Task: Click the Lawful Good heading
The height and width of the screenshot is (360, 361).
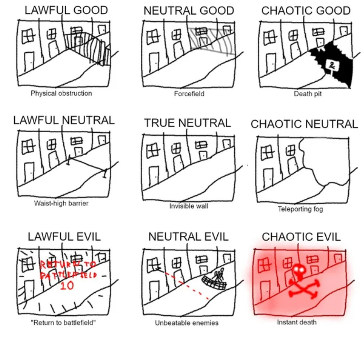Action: pos(66,10)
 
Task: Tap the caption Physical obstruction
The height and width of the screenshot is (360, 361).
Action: pos(61,93)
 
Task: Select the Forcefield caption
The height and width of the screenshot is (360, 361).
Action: pos(189,94)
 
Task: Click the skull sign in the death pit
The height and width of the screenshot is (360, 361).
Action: pos(332,66)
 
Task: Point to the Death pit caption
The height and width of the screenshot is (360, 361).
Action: pos(308,94)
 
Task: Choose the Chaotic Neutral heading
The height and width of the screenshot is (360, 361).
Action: pos(304,124)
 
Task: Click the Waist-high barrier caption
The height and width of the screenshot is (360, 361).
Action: pos(61,203)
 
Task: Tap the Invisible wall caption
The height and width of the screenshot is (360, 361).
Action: pos(188,206)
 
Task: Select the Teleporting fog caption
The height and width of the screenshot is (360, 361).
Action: pos(300,209)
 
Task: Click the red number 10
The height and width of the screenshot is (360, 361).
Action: pos(67,285)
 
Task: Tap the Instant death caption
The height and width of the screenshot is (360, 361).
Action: pos(297,322)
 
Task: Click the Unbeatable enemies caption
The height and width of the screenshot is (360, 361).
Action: pos(187,323)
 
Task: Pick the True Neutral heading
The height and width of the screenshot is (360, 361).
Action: pos(188,123)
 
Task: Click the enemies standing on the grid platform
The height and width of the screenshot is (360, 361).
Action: pos(219,274)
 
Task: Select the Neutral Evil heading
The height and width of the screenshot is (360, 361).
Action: pos(188,237)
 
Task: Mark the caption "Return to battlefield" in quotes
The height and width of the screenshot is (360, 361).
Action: pos(63,323)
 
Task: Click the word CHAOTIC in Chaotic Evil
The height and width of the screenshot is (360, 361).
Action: pos(282,237)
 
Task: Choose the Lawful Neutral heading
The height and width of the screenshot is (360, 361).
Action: pos(64,120)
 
